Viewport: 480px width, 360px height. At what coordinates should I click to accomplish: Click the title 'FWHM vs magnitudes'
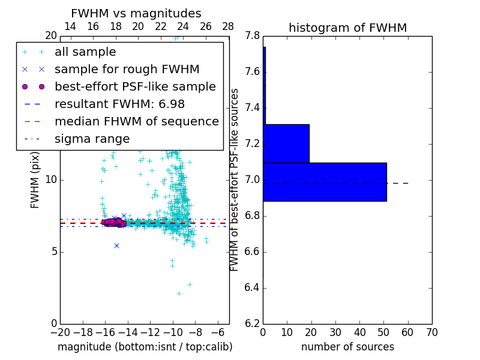(136, 14)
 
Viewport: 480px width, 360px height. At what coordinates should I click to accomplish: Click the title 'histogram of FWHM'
(347, 28)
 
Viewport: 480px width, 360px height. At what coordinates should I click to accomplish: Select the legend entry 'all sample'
(85, 52)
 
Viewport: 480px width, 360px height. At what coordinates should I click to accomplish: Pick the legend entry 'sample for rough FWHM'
(127, 69)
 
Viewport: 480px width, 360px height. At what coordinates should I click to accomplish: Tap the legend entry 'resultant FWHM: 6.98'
(119, 104)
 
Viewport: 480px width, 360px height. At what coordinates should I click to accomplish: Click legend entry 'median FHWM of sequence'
(136, 121)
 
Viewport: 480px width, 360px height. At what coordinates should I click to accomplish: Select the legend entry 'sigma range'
(92, 139)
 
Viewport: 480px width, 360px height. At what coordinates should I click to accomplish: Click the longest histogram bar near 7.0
(325, 182)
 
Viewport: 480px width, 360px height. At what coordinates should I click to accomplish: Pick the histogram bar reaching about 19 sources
(286, 143)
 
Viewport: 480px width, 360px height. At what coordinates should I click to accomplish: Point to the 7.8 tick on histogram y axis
(253, 36)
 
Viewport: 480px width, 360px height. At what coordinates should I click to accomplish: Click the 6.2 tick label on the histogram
(253, 323)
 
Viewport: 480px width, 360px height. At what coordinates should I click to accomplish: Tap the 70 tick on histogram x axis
(431, 332)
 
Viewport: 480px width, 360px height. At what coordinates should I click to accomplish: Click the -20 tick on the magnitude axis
(60, 332)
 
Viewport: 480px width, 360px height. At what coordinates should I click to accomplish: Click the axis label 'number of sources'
(347, 347)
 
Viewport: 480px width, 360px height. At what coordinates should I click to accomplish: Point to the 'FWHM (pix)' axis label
(35, 180)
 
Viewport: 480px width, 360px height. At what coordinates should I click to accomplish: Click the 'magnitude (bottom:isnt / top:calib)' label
(145, 347)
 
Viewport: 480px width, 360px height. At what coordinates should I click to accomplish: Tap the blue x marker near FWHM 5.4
(116, 245)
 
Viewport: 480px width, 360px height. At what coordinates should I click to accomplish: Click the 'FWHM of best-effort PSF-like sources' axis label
(235, 179)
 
